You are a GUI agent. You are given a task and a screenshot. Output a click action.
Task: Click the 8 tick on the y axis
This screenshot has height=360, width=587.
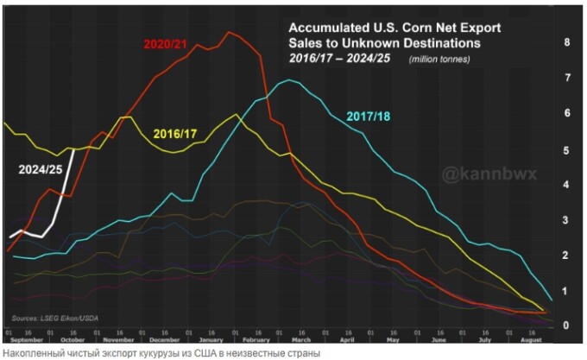pos(565,42)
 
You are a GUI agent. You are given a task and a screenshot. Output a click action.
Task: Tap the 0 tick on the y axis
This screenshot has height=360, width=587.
pos(565,325)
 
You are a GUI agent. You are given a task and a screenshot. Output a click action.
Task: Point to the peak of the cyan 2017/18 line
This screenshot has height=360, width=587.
pos(289,80)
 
